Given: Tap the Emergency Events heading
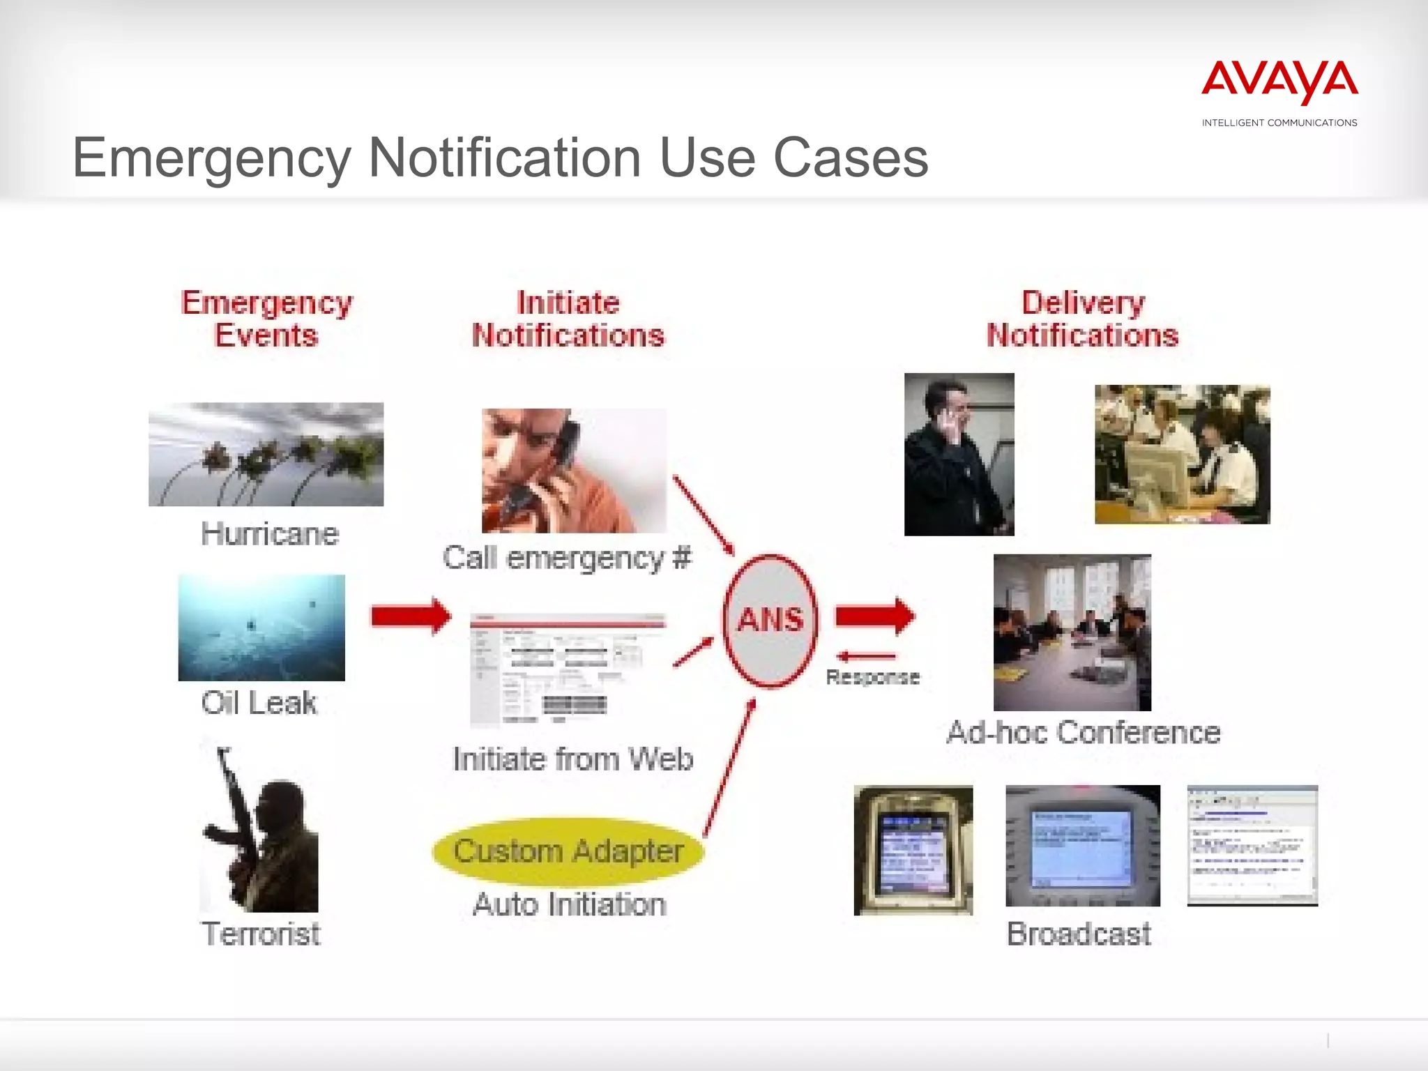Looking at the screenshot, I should (x=267, y=319).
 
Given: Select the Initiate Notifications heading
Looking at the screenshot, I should (x=568, y=319).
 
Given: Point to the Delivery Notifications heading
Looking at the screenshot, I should (x=1083, y=319).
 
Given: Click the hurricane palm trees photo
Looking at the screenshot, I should (x=266, y=454).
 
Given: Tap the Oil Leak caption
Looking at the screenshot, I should (x=259, y=703).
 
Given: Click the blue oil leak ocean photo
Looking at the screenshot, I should (x=261, y=628).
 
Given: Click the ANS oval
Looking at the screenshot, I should (x=770, y=620).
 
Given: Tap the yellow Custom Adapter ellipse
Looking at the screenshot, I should (x=568, y=851).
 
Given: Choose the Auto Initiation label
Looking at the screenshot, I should (x=570, y=904).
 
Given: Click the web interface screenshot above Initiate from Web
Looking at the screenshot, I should (x=568, y=669).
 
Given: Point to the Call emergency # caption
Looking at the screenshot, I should (x=567, y=558).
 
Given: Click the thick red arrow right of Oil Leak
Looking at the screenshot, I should (x=411, y=616).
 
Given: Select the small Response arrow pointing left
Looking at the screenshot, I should (x=867, y=656).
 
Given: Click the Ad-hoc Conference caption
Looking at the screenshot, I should (x=1084, y=733).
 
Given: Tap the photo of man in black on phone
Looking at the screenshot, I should (x=959, y=454).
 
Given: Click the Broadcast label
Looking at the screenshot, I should (x=1079, y=934).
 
